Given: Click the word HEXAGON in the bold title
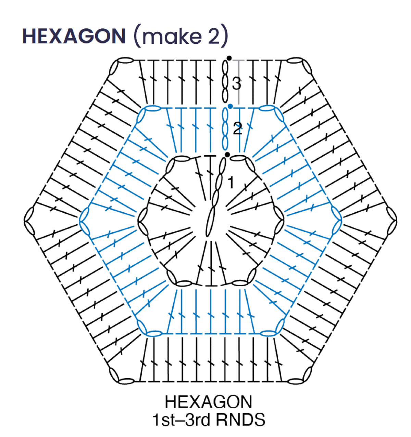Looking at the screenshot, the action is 74,36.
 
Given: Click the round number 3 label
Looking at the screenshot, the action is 237,83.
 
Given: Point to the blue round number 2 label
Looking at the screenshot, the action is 238,129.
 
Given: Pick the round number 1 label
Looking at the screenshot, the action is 231,182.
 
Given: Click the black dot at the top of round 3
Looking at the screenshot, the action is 229,58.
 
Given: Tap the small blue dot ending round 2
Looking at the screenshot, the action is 231,106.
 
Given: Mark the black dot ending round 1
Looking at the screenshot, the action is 227,155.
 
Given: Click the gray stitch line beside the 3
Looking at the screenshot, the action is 239,82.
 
